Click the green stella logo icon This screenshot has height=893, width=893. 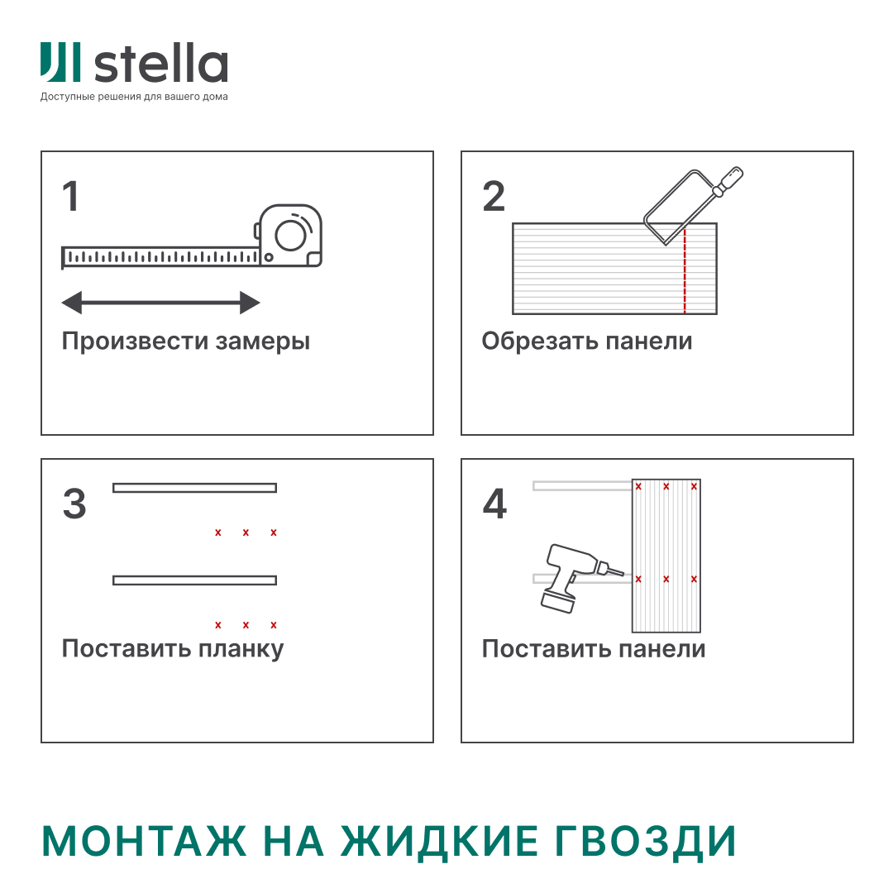(x=60, y=63)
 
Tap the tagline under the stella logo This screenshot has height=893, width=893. (x=134, y=97)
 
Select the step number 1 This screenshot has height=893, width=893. (x=71, y=197)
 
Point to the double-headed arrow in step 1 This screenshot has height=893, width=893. (x=161, y=303)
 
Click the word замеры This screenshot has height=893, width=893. (x=262, y=341)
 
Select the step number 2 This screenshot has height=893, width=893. (x=494, y=197)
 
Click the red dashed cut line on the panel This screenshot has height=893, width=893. (x=685, y=273)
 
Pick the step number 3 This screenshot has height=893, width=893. (x=74, y=504)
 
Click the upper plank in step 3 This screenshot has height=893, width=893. (x=194, y=488)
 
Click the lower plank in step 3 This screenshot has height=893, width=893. (x=194, y=580)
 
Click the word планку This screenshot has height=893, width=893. (x=241, y=649)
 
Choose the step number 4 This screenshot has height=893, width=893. (x=494, y=504)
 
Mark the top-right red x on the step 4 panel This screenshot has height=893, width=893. (x=694, y=486)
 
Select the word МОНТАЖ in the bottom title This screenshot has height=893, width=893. (x=144, y=841)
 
